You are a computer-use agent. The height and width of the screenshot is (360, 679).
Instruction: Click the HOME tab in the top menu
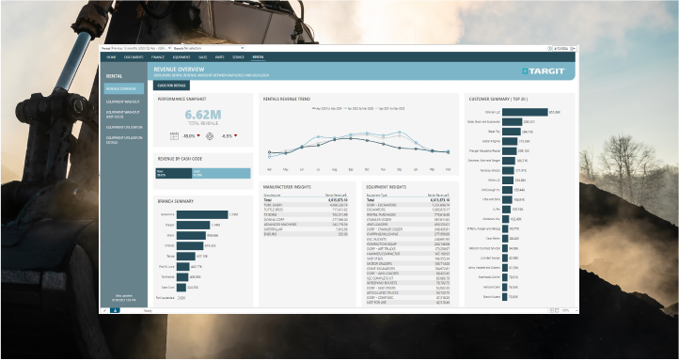111,56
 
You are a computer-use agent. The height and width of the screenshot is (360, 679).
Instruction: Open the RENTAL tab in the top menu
258,56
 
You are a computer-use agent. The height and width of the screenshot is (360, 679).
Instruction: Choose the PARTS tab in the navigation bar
220,56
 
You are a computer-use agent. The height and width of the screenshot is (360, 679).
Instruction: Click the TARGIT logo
545,70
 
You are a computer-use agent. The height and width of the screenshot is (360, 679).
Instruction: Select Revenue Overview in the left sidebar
124,88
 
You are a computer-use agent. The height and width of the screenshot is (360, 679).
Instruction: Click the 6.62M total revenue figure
202,116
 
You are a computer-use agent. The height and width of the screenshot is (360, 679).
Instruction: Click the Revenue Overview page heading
180,68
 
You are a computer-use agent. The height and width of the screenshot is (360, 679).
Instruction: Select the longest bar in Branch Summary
201,213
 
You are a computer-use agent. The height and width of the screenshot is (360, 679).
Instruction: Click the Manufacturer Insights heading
287,187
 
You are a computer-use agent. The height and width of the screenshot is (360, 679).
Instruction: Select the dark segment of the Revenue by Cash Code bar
173,173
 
